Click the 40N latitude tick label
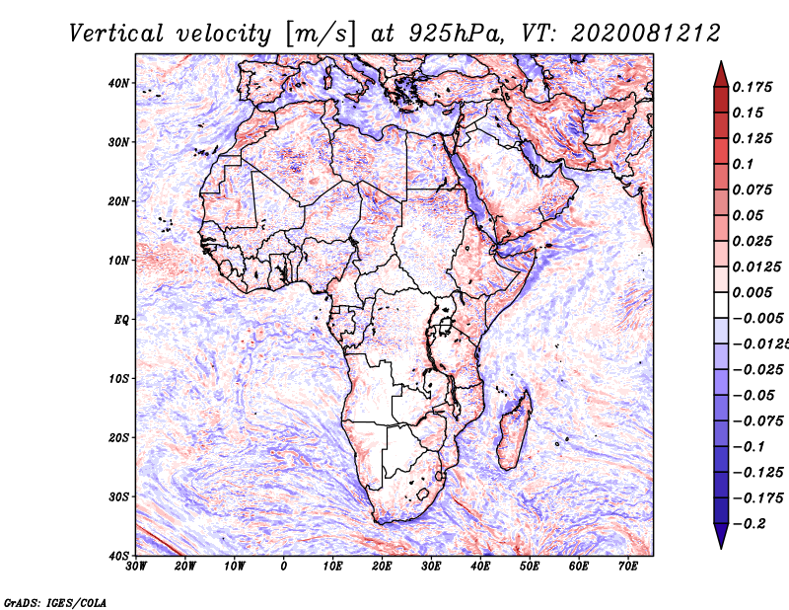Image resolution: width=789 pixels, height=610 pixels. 118,83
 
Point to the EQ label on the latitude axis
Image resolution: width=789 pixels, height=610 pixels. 121,320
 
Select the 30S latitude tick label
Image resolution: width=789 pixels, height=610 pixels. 118,497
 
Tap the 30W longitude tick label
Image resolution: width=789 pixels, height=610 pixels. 136,567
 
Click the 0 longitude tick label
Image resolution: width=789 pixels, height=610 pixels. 284,567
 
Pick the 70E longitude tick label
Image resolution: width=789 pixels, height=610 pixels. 627,567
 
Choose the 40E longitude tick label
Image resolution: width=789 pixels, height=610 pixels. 480,567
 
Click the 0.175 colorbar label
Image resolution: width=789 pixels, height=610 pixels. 753,87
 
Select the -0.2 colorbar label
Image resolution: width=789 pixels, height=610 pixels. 749,524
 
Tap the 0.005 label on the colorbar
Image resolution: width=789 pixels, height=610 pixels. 753,292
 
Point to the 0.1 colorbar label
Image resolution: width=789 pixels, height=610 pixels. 744,164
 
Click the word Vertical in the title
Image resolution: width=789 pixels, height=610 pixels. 116,34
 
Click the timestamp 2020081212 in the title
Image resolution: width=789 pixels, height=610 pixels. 646,34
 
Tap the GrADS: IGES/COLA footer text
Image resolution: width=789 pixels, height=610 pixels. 55,603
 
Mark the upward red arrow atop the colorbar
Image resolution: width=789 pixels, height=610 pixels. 721,74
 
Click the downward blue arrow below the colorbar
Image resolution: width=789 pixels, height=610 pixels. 721,536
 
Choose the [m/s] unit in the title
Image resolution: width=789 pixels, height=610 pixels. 321,35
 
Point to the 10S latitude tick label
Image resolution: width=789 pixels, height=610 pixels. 118,379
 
